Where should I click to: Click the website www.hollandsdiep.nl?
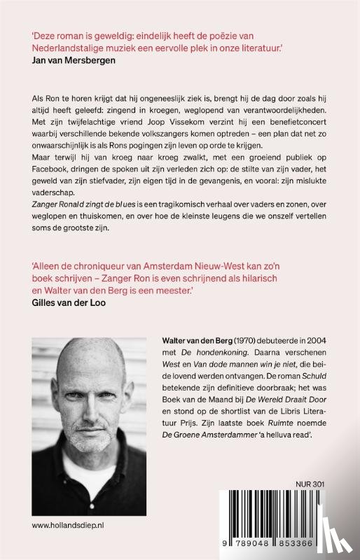point(68,522)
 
